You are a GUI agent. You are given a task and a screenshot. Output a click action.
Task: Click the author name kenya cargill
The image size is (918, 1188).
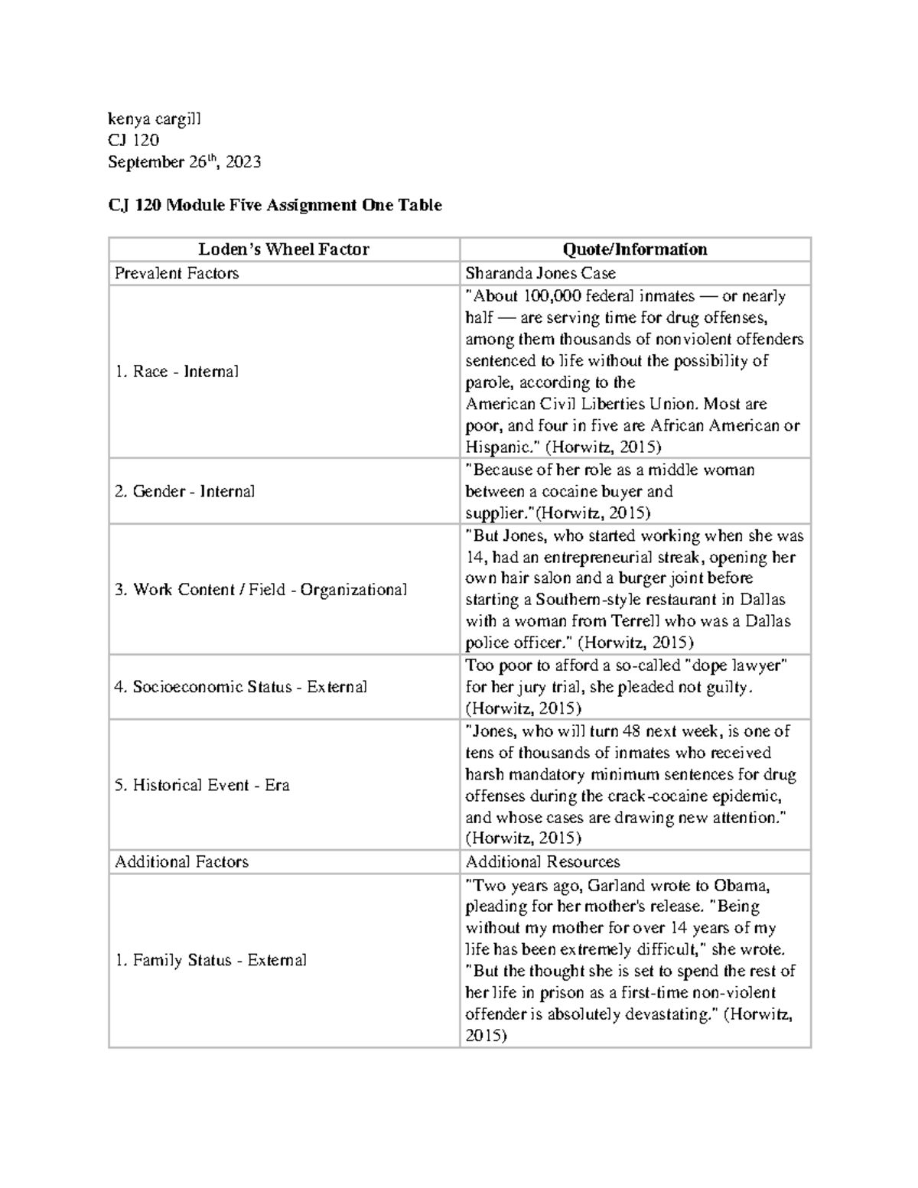pyautogui.click(x=155, y=119)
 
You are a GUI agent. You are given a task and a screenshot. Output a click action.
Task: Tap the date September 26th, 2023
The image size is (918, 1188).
pyautogui.click(x=184, y=161)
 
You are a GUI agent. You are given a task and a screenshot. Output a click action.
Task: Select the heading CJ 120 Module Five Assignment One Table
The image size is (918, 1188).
pyautogui.click(x=275, y=205)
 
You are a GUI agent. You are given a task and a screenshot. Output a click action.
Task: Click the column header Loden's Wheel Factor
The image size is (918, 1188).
pyautogui.click(x=284, y=249)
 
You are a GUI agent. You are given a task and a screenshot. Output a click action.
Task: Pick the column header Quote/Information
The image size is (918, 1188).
pyautogui.click(x=635, y=249)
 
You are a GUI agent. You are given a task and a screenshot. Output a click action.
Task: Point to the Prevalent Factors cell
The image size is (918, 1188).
pyautogui.click(x=177, y=273)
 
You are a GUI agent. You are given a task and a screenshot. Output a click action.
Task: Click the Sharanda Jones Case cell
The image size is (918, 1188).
pyautogui.click(x=540, y=273)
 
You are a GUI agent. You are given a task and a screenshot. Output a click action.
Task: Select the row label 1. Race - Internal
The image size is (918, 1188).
pyautogui.click(x=177, y=372)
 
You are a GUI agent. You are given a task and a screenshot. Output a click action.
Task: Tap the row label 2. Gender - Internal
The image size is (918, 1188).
pyautogui.click(x=184, y=491)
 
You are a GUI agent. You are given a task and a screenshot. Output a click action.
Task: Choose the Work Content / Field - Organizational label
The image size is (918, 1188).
pyautogui.click(x=261, y=590)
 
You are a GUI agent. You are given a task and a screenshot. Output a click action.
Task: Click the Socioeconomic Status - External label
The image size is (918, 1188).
pyautogui.click(x=240, y=687)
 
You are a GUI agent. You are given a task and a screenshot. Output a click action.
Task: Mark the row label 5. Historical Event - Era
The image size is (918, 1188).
pyautogui.click(x=202, y=786)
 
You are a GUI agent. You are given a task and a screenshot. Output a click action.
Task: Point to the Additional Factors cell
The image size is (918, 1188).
pyautogui.click(x=182, y=862)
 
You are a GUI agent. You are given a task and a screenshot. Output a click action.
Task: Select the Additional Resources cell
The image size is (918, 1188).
pyautogui.click(x=542, y=862)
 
